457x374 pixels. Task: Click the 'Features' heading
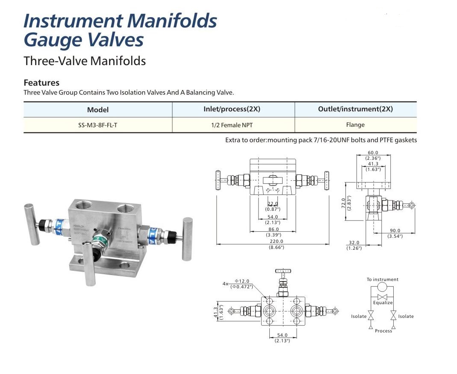[41, 83]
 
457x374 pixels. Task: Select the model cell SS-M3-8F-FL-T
[97, 125]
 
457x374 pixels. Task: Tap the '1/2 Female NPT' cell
[233, 125]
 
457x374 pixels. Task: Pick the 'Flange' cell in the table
[355, 125]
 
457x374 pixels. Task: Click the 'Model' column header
[97, 110]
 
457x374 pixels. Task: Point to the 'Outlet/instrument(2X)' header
[355, 109]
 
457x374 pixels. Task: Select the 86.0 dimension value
[273, 229]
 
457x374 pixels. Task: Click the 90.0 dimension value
[395, 231]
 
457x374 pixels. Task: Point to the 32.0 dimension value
[354, 242]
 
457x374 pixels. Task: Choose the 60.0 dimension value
[373, 153]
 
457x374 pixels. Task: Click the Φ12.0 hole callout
[242, 281]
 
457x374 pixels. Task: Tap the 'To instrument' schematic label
[382, 279]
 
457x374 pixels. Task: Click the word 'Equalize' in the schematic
[383, 302]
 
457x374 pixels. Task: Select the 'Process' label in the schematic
[383, 331]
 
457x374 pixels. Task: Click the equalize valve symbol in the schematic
[383, 296]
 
